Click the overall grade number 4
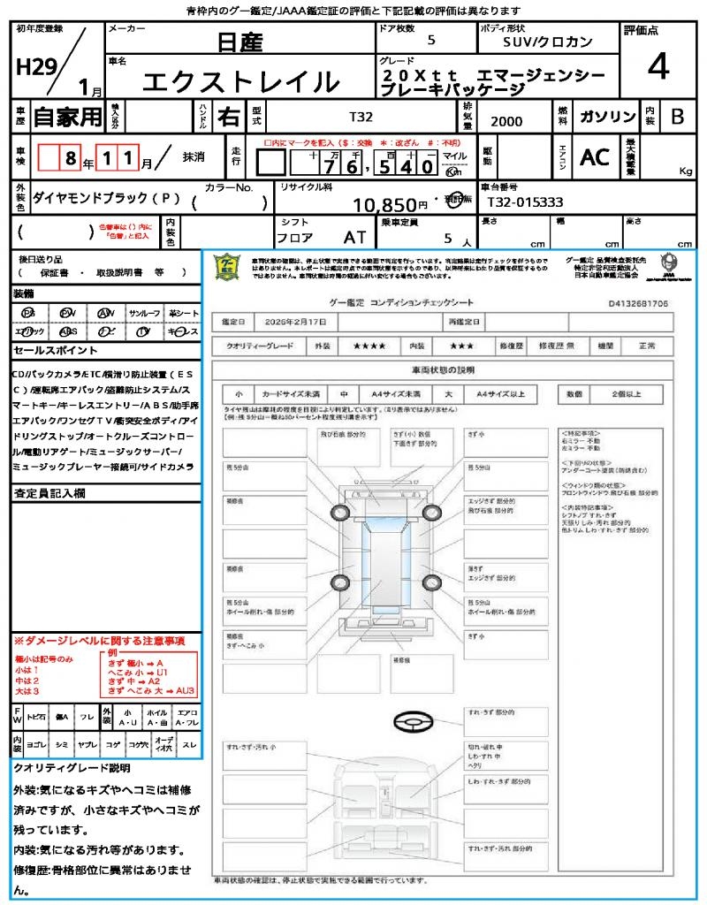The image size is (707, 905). point(657,67)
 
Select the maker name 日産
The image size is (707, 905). point(239,42)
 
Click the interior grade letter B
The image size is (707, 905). point(677,116)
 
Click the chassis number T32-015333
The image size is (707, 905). point(525,202)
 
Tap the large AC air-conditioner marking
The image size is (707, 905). point(595,157)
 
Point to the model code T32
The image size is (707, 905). point(361,117)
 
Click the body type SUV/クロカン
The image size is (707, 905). point(548,42)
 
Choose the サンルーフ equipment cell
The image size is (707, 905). point(144,313)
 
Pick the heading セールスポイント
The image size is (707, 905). point(49,351)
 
